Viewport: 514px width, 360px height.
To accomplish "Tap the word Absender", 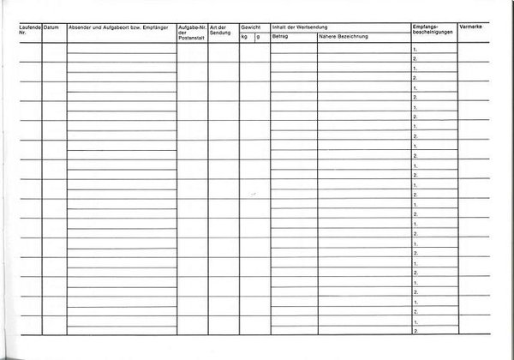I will (x=81, y=28).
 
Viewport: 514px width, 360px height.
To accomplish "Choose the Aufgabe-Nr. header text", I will (x=192, y=28).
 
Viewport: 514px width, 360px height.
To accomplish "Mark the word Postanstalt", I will (x=192, y=39).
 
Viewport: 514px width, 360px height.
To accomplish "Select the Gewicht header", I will (x=250, y=28).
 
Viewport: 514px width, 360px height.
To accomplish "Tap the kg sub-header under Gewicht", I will (x=245, y=38).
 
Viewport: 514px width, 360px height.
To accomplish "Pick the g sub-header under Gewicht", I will (x=258, y=38).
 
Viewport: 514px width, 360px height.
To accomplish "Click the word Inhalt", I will (x=279, y=28).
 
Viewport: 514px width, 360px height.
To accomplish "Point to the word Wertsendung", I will (x=311, y=28).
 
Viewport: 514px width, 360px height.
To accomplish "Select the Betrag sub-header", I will (x=280, y=38).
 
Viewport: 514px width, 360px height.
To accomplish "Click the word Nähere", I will (x=328, y=38).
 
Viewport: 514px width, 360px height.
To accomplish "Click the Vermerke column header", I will (x=473, y=28).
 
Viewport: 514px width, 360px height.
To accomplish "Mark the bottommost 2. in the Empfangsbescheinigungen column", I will (x=415, y=330).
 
